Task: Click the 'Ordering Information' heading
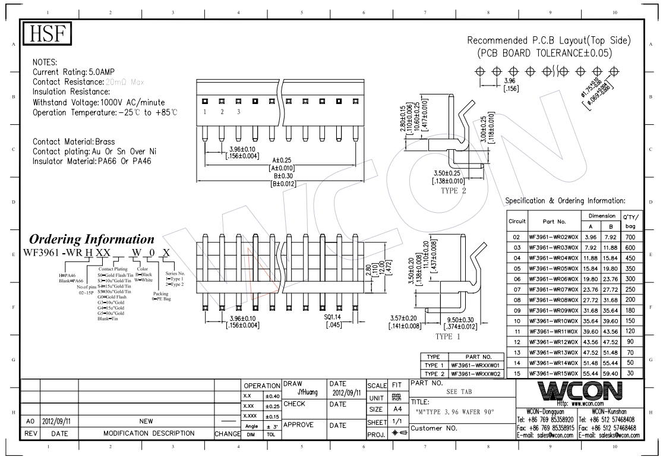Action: pos(92,240)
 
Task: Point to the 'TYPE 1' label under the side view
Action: pos(449,336)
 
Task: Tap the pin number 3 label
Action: pos(239,112)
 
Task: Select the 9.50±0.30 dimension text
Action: pos(460,320)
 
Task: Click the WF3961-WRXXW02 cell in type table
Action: pos(476,373)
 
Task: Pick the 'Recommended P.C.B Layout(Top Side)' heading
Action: pos(548,41)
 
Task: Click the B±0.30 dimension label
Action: pos(279,177)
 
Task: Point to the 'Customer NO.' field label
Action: pos(433,428)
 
